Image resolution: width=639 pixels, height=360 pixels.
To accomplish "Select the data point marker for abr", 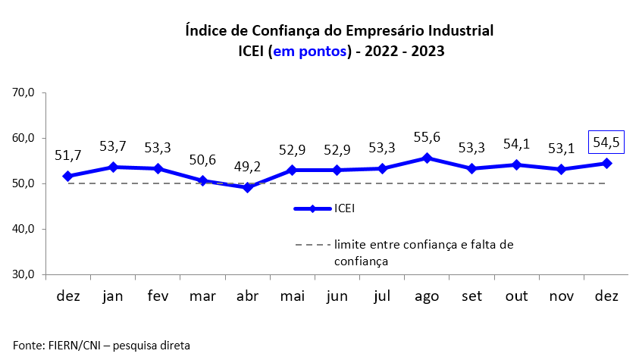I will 247,187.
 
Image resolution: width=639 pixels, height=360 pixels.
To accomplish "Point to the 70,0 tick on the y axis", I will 24,92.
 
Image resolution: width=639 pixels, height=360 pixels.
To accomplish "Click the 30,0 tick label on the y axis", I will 24,274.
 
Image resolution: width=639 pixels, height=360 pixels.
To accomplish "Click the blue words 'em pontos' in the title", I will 309,52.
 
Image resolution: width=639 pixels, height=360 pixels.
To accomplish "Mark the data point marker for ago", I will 427,158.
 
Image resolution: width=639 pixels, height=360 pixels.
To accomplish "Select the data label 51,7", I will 67,155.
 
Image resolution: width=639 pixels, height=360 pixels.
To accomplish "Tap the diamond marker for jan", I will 112,167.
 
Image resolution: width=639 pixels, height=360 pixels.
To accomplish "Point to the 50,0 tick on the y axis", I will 24,183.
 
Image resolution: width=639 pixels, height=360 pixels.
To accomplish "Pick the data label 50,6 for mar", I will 202,160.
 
